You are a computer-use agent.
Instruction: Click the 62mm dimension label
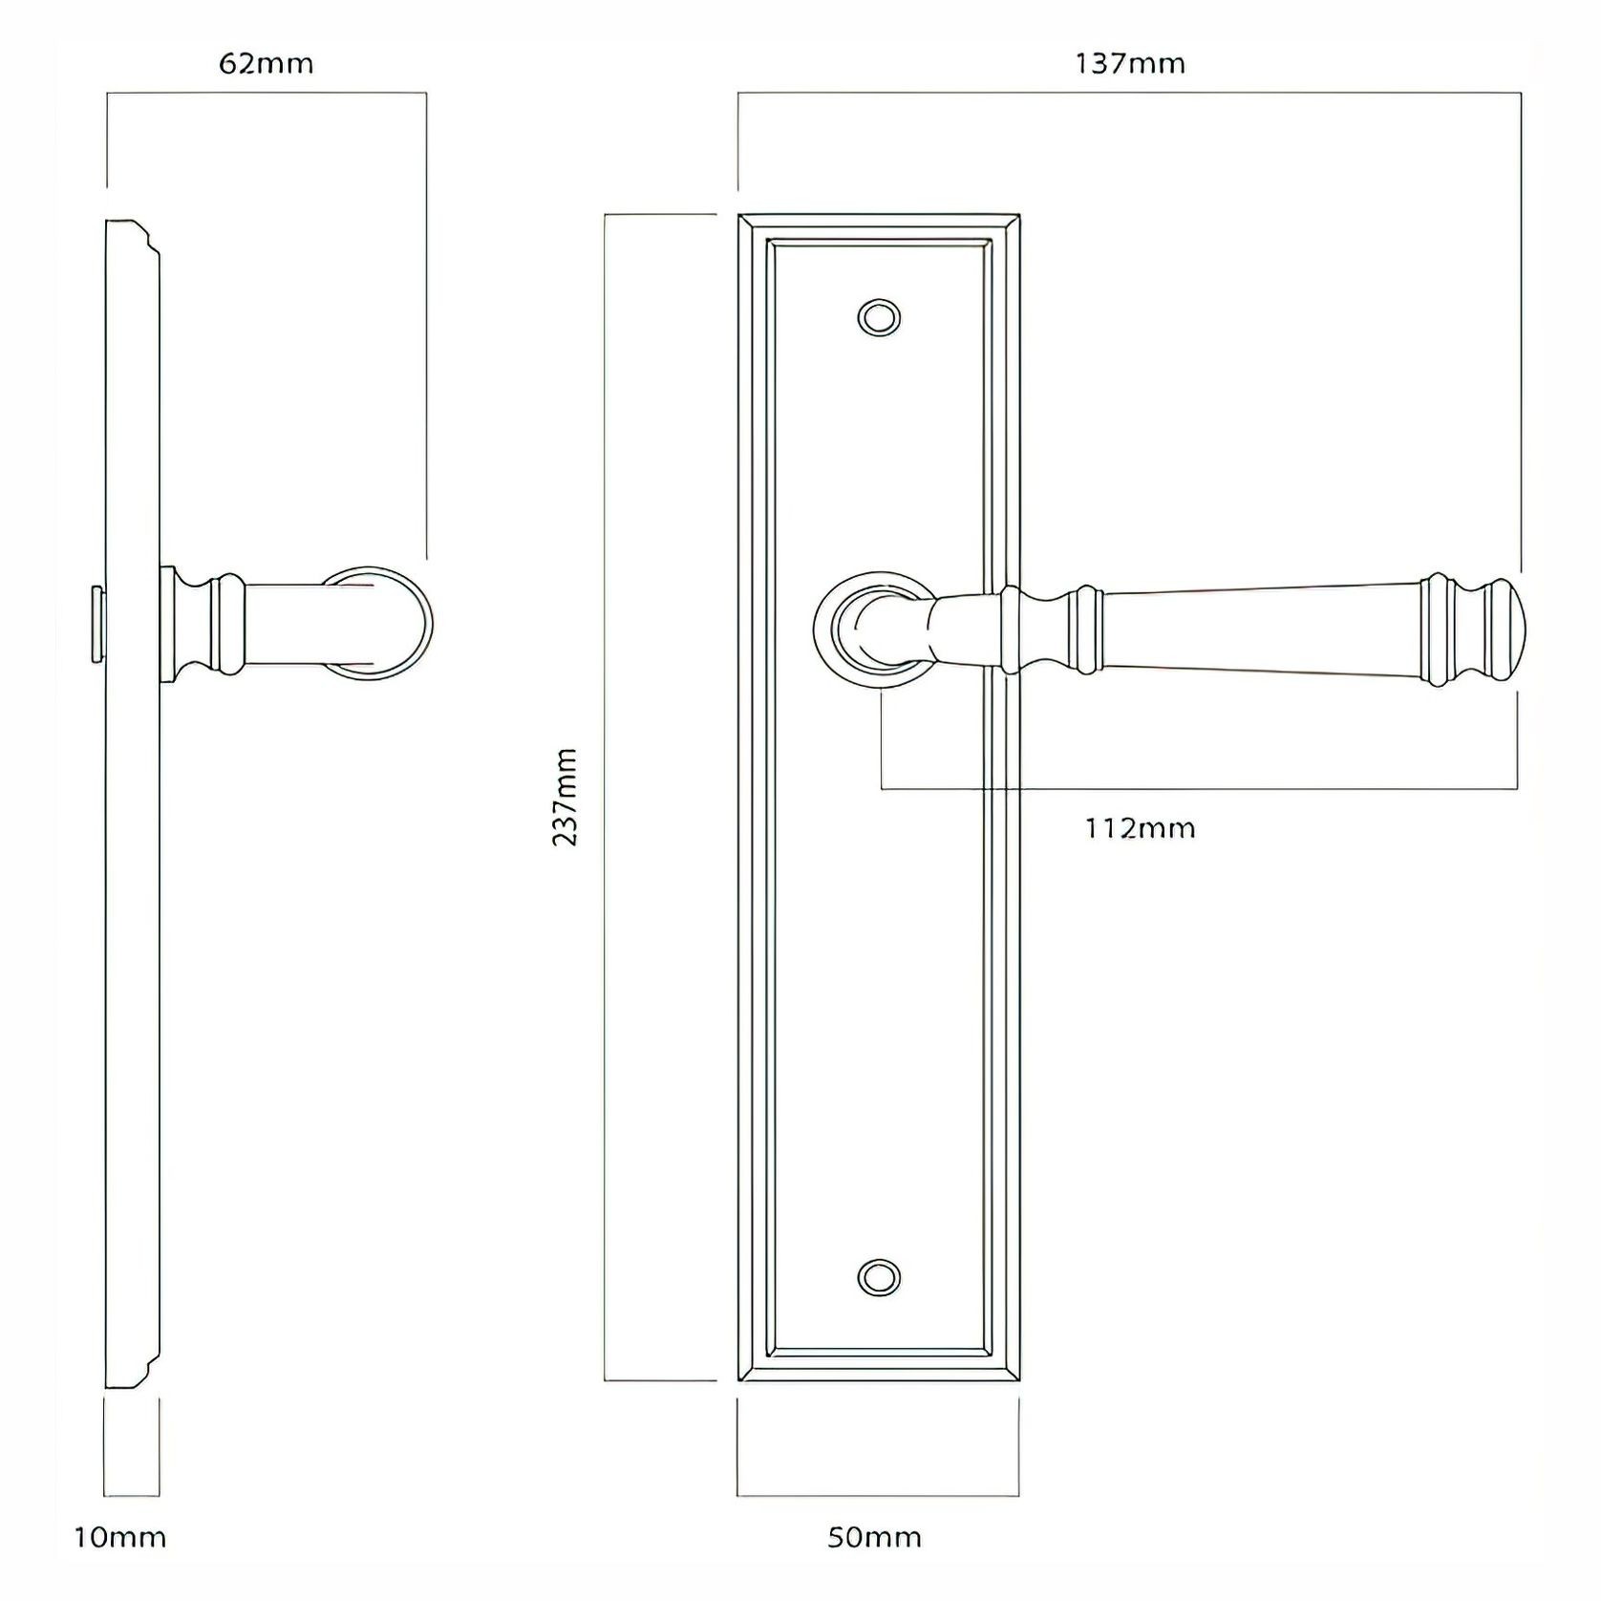pyautogui.click(x=266, y=64)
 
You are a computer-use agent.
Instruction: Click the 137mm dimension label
pyautogui.click(x=1130, y=64)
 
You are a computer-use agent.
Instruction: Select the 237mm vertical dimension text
pyautogui.click(x=566, y=797)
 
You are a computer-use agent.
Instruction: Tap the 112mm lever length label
pyautogui.click(x=1140, y=827)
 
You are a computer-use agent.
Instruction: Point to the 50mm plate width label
pyautogui.click(x=874, y=1537)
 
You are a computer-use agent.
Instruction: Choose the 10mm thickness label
pyautogui.click(x=120, y=1537)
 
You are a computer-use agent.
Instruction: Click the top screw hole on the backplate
pyautogui.click(x=879, y=317)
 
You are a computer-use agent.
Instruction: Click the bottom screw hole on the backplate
pyautogui.click(x=879, y=1277)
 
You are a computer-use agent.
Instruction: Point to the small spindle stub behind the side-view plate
pyautogui.click(x=96, y=624)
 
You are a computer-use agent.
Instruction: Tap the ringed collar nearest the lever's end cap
pyautogui.click(x=1439, y=630)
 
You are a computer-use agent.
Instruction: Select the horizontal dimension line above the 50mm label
pyautogui.click(x=877, y=1496)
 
